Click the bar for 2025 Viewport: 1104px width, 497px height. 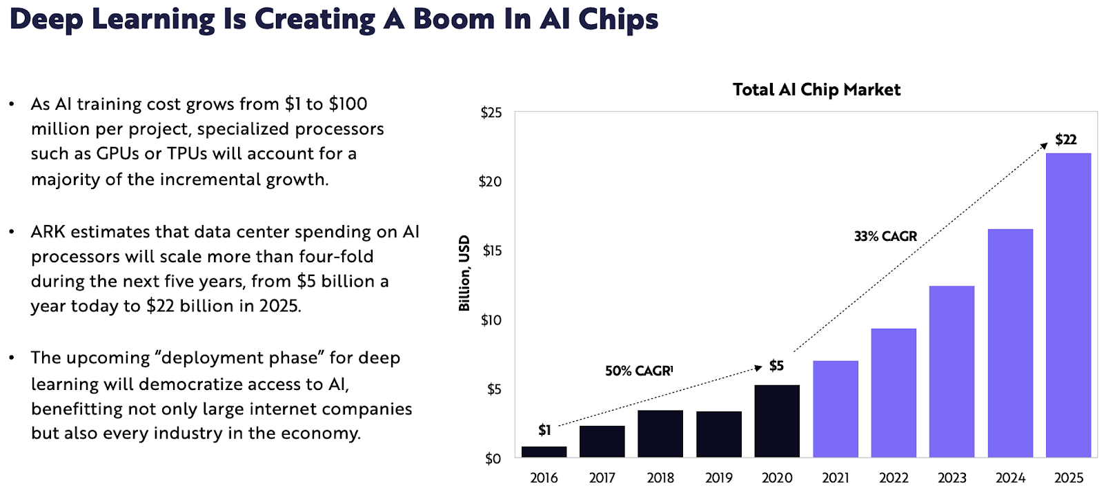[x=1068, y=305]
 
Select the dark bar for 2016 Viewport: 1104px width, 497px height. [x=544, y=452]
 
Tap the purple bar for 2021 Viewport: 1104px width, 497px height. [x=836, y=409]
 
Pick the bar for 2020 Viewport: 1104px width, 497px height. [x=777, y=421]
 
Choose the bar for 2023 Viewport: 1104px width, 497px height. [x=952, y=371]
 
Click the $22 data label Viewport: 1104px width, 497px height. [x=1065, y=139]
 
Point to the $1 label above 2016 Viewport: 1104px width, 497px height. [x=544, y=430]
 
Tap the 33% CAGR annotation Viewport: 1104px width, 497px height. [x=885, y=236]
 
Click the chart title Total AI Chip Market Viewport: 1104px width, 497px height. [x=816, y=90]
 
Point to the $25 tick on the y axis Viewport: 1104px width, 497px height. [x=491, y=113]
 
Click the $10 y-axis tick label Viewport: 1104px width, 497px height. [x=491, y=320]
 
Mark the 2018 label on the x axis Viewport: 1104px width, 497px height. [x=660, y=478]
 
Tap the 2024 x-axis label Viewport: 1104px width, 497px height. [x=1010, y=478]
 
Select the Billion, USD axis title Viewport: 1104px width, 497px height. [x=464, y=273]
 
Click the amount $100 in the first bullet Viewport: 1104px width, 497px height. [x=348, y=104]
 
